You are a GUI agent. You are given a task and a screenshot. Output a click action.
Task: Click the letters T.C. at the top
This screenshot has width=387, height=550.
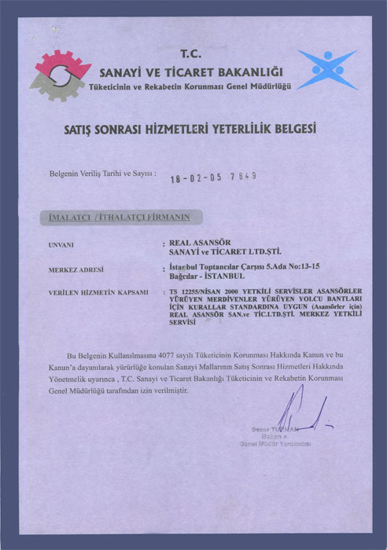191,53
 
